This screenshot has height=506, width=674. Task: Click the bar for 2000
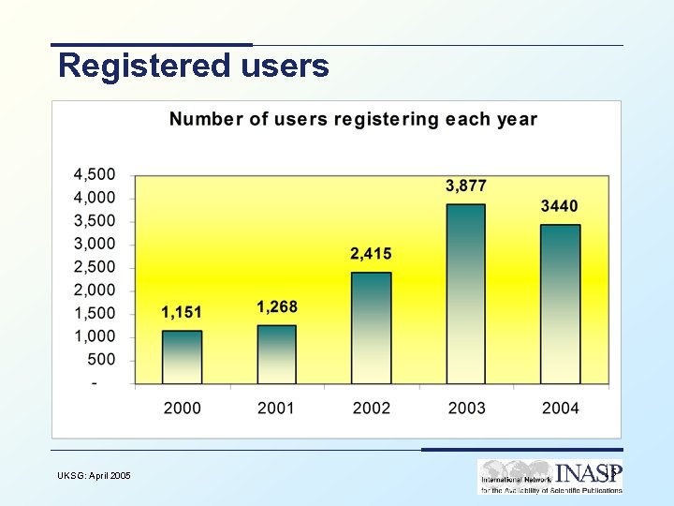coord(182,357)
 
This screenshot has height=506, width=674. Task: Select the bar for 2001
coord(276,354)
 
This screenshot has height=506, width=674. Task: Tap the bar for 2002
coord(372,328)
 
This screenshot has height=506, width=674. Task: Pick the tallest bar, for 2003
coord(465,294)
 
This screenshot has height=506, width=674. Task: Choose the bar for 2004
coord(560,305)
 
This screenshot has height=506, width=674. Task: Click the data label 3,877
coord(465,186)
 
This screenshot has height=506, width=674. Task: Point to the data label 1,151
coord(182,312)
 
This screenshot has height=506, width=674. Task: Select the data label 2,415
coord(371,254)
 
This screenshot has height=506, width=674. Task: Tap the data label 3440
coord(560,206)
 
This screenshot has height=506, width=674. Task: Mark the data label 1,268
coord(276,307)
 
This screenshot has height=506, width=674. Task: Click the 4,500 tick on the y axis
coord(95,174)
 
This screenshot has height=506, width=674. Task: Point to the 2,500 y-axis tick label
coord(95,267)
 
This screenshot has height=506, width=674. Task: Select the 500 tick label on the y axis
coord(101,360)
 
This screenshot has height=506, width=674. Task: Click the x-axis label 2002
coord(371,408)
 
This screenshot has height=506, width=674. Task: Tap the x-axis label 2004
coord(560,408)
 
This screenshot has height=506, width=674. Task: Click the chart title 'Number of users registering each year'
coord(353,119)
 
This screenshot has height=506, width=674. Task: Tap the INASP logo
coord(550,476)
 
